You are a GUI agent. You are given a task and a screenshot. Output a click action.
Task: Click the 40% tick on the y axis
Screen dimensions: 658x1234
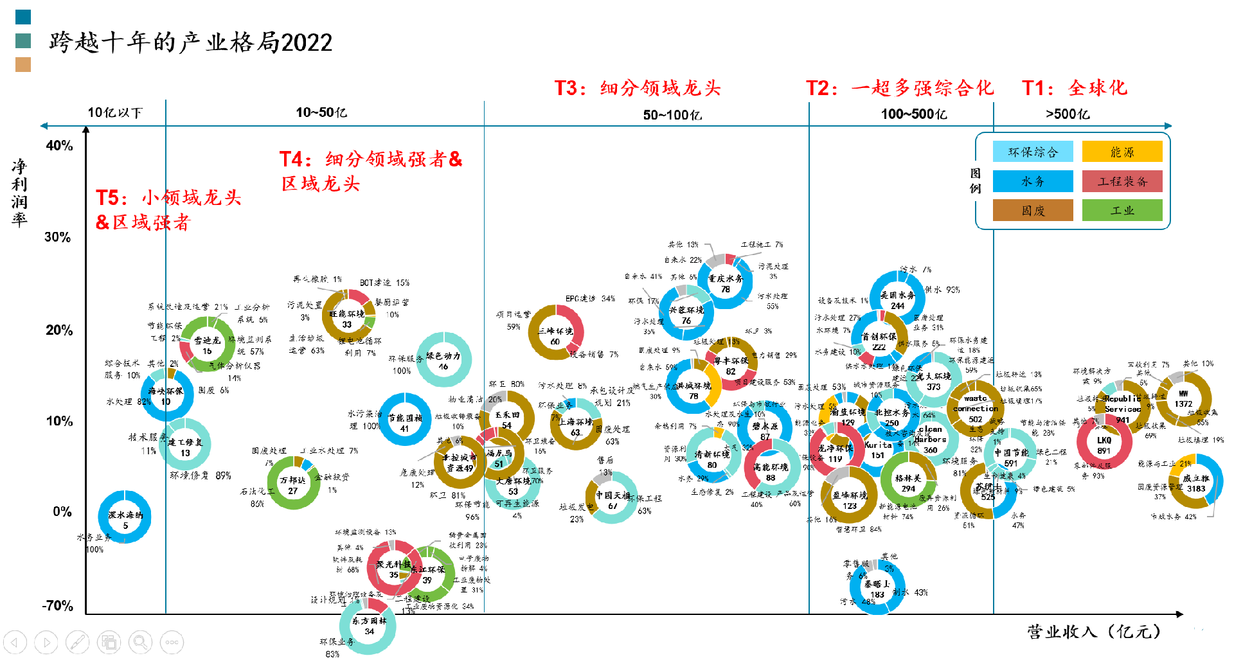pyautogui.click(x=59, y=146)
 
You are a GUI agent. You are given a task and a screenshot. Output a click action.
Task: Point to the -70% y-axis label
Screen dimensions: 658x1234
pyautogui.click(x=58, y=606)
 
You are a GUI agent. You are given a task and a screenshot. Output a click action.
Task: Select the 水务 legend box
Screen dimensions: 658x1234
pyautogui.click(x=1032, y=181)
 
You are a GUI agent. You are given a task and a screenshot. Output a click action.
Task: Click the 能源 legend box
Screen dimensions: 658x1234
pyautogui.click(x=1122, y=152)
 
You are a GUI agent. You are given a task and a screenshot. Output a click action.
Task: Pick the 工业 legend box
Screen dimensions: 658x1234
pyautogui.click(x=1122, y=210)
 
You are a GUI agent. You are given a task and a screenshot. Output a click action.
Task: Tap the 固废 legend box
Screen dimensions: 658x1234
pyautogui.click(x=1032, y=210)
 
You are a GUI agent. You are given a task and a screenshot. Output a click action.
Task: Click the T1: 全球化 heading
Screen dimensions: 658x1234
pyautogui.click(x=1075, y=88)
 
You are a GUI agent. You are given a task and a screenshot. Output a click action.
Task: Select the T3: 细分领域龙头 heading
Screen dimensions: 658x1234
pyautogui.click(x=638, y=88)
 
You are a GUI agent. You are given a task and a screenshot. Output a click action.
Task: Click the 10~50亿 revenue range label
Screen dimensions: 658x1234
pyautogui.click(x=321, y=112)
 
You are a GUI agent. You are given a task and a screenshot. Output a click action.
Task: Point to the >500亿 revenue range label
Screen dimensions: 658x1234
pyautogui.click(x=1068, y=114)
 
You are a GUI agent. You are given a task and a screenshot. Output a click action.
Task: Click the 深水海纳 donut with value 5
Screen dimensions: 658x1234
pyautogui.click(x=125, y=517)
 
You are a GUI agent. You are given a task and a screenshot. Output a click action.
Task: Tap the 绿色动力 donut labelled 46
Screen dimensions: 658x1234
pyautogui.click(x=443, y=359)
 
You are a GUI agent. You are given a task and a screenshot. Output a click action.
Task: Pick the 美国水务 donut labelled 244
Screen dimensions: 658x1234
pyautogui.click(x=897, y=299)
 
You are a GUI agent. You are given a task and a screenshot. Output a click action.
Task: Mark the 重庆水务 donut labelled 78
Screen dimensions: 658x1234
pyautogui.click(x=726, y=283)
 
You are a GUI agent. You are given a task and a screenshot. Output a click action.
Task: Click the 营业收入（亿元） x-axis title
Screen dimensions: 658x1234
pyautogui.click(x=1093, y=632)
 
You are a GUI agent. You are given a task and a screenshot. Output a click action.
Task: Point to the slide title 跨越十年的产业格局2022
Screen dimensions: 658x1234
pyautogui.click(x=191, y=42)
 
